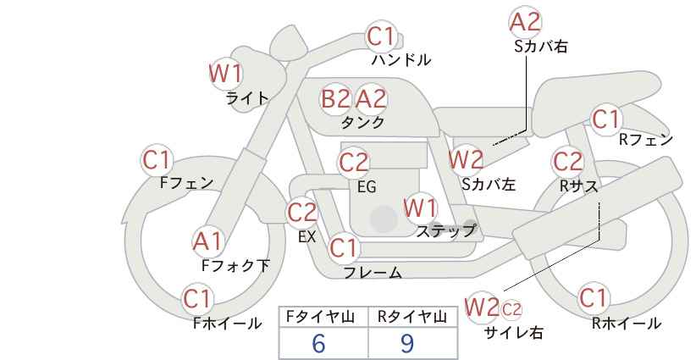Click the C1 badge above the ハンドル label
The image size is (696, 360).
[381, 36]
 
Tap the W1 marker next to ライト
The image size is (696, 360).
[226, 73]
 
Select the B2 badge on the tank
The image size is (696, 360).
[335, 98]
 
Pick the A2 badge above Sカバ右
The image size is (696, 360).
[526, 22]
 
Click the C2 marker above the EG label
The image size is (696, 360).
[353, 163]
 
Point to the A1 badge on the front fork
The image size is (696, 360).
[207, 242]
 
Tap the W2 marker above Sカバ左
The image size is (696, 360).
[466, 159]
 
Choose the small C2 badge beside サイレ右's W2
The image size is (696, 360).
[511, 309]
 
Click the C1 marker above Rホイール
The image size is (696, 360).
[593, 298]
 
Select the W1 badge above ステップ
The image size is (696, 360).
[420, 208]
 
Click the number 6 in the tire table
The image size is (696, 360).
[318, 343]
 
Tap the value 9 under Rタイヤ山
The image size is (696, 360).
[406, 343]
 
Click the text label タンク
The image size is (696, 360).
[362, 122]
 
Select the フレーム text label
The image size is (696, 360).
[373, 273]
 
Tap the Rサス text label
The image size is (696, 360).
[578, 186]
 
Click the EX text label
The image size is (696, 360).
[307, 237]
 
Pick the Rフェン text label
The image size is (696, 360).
[646, 140]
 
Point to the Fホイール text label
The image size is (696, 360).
[227, 324]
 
